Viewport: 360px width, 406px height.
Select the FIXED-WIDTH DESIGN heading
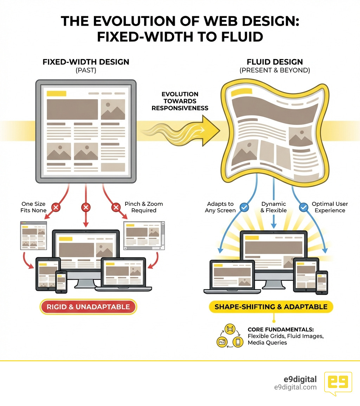[x=86, y=62]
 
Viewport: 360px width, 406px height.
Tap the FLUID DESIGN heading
[x=275, y=62]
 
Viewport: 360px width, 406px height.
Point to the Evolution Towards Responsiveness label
[x=180, y=101]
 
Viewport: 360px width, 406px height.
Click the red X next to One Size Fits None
[x=55, y=208]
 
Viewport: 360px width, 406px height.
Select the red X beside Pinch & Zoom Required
[x=116, y=208]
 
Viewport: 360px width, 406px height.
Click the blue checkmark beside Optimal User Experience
[x=304, y=208]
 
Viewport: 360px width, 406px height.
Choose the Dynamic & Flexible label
[x=274, y=207]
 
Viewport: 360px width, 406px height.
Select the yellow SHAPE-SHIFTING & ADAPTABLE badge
[x=271, y=307]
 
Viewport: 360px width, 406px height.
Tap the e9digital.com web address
[x=295, y=387]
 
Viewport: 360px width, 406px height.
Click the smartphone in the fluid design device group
[x=321, y=283]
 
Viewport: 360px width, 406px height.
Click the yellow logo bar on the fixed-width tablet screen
[x=56, y=94]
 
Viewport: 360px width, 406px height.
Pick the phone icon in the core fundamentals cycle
[x=238, y=342]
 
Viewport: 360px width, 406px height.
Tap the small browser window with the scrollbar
[x=144, y=235]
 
